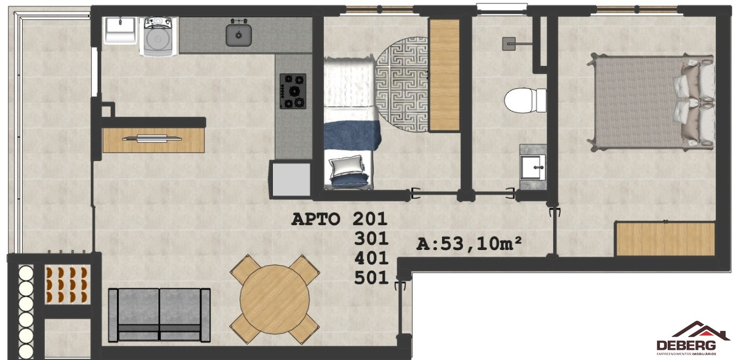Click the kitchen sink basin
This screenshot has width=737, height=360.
(238, 35)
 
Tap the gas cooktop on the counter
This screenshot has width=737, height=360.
(293, 91)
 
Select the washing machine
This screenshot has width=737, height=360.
(158, 37)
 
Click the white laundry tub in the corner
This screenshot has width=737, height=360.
(120, 30)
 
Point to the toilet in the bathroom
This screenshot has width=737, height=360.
(525, 100)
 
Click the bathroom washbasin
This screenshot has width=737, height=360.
(532, 167)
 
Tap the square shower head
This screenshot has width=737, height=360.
(509, 44)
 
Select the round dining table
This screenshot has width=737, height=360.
(274, 299)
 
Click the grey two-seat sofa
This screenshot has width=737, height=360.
(159, 315)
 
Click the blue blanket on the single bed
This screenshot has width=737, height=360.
(352, 135)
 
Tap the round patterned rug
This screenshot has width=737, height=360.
(402, 84)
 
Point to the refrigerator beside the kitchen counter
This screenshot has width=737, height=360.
(291, 179)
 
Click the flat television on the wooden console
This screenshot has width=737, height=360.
(152, 139)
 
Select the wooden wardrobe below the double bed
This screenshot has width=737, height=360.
(665, 239)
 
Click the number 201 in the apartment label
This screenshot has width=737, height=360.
(370, 219)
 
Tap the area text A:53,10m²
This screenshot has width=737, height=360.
(469, 244)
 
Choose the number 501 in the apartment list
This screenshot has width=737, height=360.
(371, 278)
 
